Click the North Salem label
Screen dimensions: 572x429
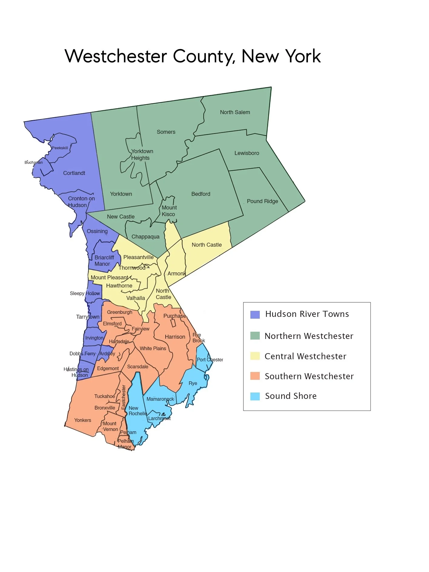click(x=235, y=112)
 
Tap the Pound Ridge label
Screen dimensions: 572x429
click(x=262, y=201)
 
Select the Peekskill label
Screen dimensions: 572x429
click(x=60, y=148)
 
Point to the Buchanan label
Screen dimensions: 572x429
click(x=34, y=163)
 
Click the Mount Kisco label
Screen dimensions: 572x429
click(x=169, y=211)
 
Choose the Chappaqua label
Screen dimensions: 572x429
click(x=145, y=237)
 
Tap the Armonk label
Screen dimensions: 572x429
click(x=177, y=274)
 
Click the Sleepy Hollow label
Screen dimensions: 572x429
click(x=85, y=294)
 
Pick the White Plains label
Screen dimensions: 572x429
click(x=153, y=349)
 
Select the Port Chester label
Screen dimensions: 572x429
click(x=210, y=360)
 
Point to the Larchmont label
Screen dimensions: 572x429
click(x=159, y=419)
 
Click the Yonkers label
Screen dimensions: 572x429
click(x=83, y=420)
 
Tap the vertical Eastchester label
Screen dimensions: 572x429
click(x=124, y=397)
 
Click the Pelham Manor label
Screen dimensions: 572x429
click(x=125, y=444)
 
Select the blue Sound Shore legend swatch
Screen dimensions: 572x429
click(x=255, y=396)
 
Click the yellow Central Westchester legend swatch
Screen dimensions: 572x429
click(x=255, y=356)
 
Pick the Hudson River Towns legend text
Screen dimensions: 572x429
click(x=307, y=314)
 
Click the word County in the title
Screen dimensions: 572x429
click(x=204, y=57)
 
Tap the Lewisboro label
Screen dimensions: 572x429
click(x=247, y=153)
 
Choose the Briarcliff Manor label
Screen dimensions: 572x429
click(x=104, y=261)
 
